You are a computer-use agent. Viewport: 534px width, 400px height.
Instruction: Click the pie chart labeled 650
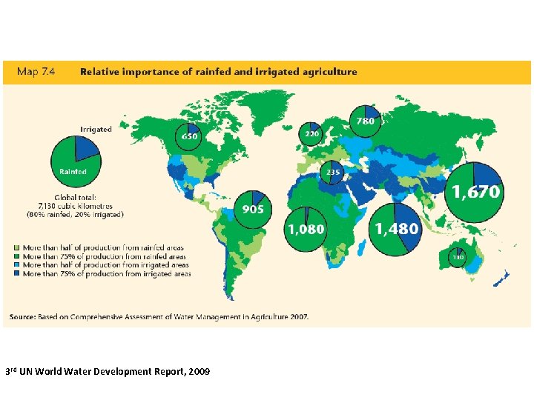click(190, 136)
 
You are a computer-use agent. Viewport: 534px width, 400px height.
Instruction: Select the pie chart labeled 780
click(366, 121)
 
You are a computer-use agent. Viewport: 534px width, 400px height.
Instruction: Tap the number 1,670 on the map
click(476, 192)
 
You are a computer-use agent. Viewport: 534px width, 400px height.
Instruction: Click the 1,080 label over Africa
click(306, 229)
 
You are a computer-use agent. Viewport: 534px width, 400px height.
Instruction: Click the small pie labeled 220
click(311, 134)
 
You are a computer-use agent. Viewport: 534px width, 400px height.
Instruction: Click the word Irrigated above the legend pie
click(96, 129)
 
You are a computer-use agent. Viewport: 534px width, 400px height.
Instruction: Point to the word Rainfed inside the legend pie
click(73, 171)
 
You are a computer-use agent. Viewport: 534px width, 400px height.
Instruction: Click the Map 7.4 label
click(37, 72)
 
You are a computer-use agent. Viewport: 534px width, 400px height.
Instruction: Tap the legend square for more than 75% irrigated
click(17, 274)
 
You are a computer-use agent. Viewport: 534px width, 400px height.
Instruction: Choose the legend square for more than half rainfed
click(17, 247)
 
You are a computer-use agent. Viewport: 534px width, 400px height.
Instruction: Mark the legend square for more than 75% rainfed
click(17, 256)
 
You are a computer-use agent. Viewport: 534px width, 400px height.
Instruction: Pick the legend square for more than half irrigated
click(17, 265)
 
